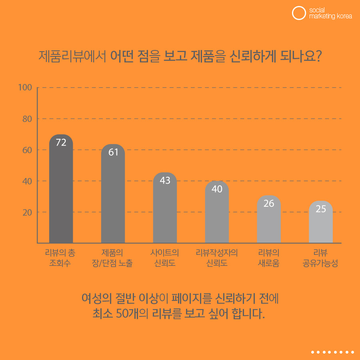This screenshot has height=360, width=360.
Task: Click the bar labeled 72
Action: click(61, 190)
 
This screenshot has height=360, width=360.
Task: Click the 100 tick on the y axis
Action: click(25, 87)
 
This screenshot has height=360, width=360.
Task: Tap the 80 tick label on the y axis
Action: click(26, 119)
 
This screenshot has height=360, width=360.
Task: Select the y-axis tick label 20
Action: click(27, 212)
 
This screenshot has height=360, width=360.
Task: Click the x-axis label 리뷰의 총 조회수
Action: click(61, 258)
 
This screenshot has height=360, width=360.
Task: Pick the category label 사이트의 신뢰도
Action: click(165, 258)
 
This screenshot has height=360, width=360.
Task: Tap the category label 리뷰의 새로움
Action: click(269, 258)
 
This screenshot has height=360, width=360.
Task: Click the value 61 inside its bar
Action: click(113, 152)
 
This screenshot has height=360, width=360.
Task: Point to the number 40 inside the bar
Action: click(217, 189)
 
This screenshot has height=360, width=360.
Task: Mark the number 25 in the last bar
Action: click(321, 209)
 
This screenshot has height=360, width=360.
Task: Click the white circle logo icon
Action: click(298, 13)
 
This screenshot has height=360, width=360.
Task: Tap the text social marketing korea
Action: click(330, 13)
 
